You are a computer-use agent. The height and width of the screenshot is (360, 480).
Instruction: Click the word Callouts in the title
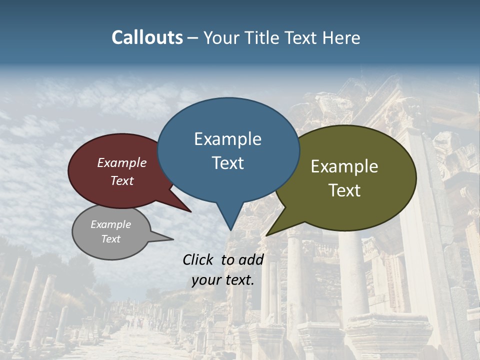tap(147, 37)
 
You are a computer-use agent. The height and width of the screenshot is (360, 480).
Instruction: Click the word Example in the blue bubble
tap(227, 138)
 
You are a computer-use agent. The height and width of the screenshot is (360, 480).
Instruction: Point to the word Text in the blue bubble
tap(227, 162)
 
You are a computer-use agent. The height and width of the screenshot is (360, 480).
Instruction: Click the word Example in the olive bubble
tap(344, 166)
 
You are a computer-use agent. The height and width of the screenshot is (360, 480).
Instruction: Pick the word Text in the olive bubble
tap(344, 190)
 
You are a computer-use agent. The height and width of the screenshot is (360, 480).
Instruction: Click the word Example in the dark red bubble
tap(122, 162)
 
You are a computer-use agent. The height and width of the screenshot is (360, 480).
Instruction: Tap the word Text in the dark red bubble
tap(122, 180)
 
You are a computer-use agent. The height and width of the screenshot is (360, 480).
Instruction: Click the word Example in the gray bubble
tap(110, 224)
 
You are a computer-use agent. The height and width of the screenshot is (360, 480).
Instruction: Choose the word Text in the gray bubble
tap(110, 239)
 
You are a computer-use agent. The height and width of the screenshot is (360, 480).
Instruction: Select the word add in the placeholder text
tap(251, 259)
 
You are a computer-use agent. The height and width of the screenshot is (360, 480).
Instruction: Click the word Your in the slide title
tap(222, 37)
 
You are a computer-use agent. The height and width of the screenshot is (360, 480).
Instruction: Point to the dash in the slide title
tap(193, 38)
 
